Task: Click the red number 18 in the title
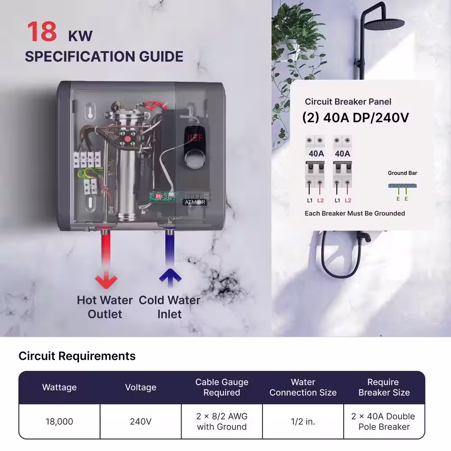click(x=42, y=32)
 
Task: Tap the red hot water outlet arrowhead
click(x=106, y=281)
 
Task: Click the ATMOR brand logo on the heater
click(x=195, y=202)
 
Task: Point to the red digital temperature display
click(x=195, y=138)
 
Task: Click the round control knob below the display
click(x=194, y=159)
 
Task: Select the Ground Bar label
click(x=402, y=173)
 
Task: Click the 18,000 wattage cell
click(x=59, y=421)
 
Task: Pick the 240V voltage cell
click(x=141, y=421)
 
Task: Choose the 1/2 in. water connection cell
click(x=303, y=421)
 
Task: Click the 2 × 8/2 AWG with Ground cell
click(x=222, y=421)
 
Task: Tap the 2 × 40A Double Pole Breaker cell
click(x=384, y=421)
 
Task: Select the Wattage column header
click(x=59, y=387)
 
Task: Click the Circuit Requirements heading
click(x=77, y=356)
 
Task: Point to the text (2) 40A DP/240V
click(x=355, y=117)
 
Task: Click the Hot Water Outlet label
click(x=105, y=307)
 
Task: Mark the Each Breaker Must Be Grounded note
click(x=355, y=213)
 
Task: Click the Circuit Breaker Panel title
click(x=348, y=101)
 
